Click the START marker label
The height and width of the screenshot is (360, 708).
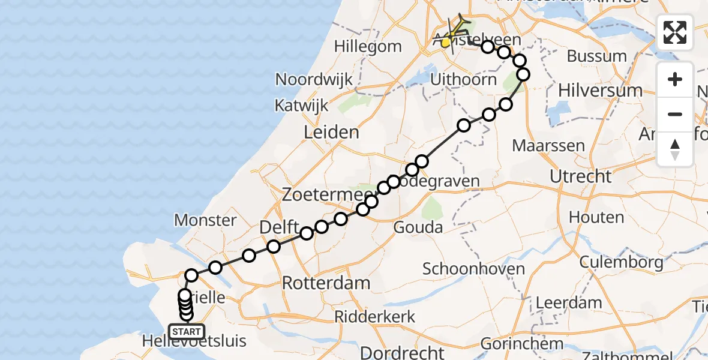point(187,332)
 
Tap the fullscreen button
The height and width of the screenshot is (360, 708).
point(675,32)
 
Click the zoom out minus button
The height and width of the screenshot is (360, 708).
point(675,115)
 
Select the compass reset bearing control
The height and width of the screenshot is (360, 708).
point(675,149)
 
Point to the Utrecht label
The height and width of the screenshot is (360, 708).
point(581,177)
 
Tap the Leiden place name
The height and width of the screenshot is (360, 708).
point(332,133)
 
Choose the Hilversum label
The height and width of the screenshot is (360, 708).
point(600,91)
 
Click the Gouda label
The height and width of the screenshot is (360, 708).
point(418,227)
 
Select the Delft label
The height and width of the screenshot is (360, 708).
point(279,228)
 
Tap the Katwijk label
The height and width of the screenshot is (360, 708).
point(302,106)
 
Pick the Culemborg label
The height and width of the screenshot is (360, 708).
point(622,262)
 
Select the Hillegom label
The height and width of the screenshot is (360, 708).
point(368,46)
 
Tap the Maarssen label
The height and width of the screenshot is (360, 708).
point(549,146)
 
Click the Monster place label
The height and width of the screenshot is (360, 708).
point(205,220)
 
